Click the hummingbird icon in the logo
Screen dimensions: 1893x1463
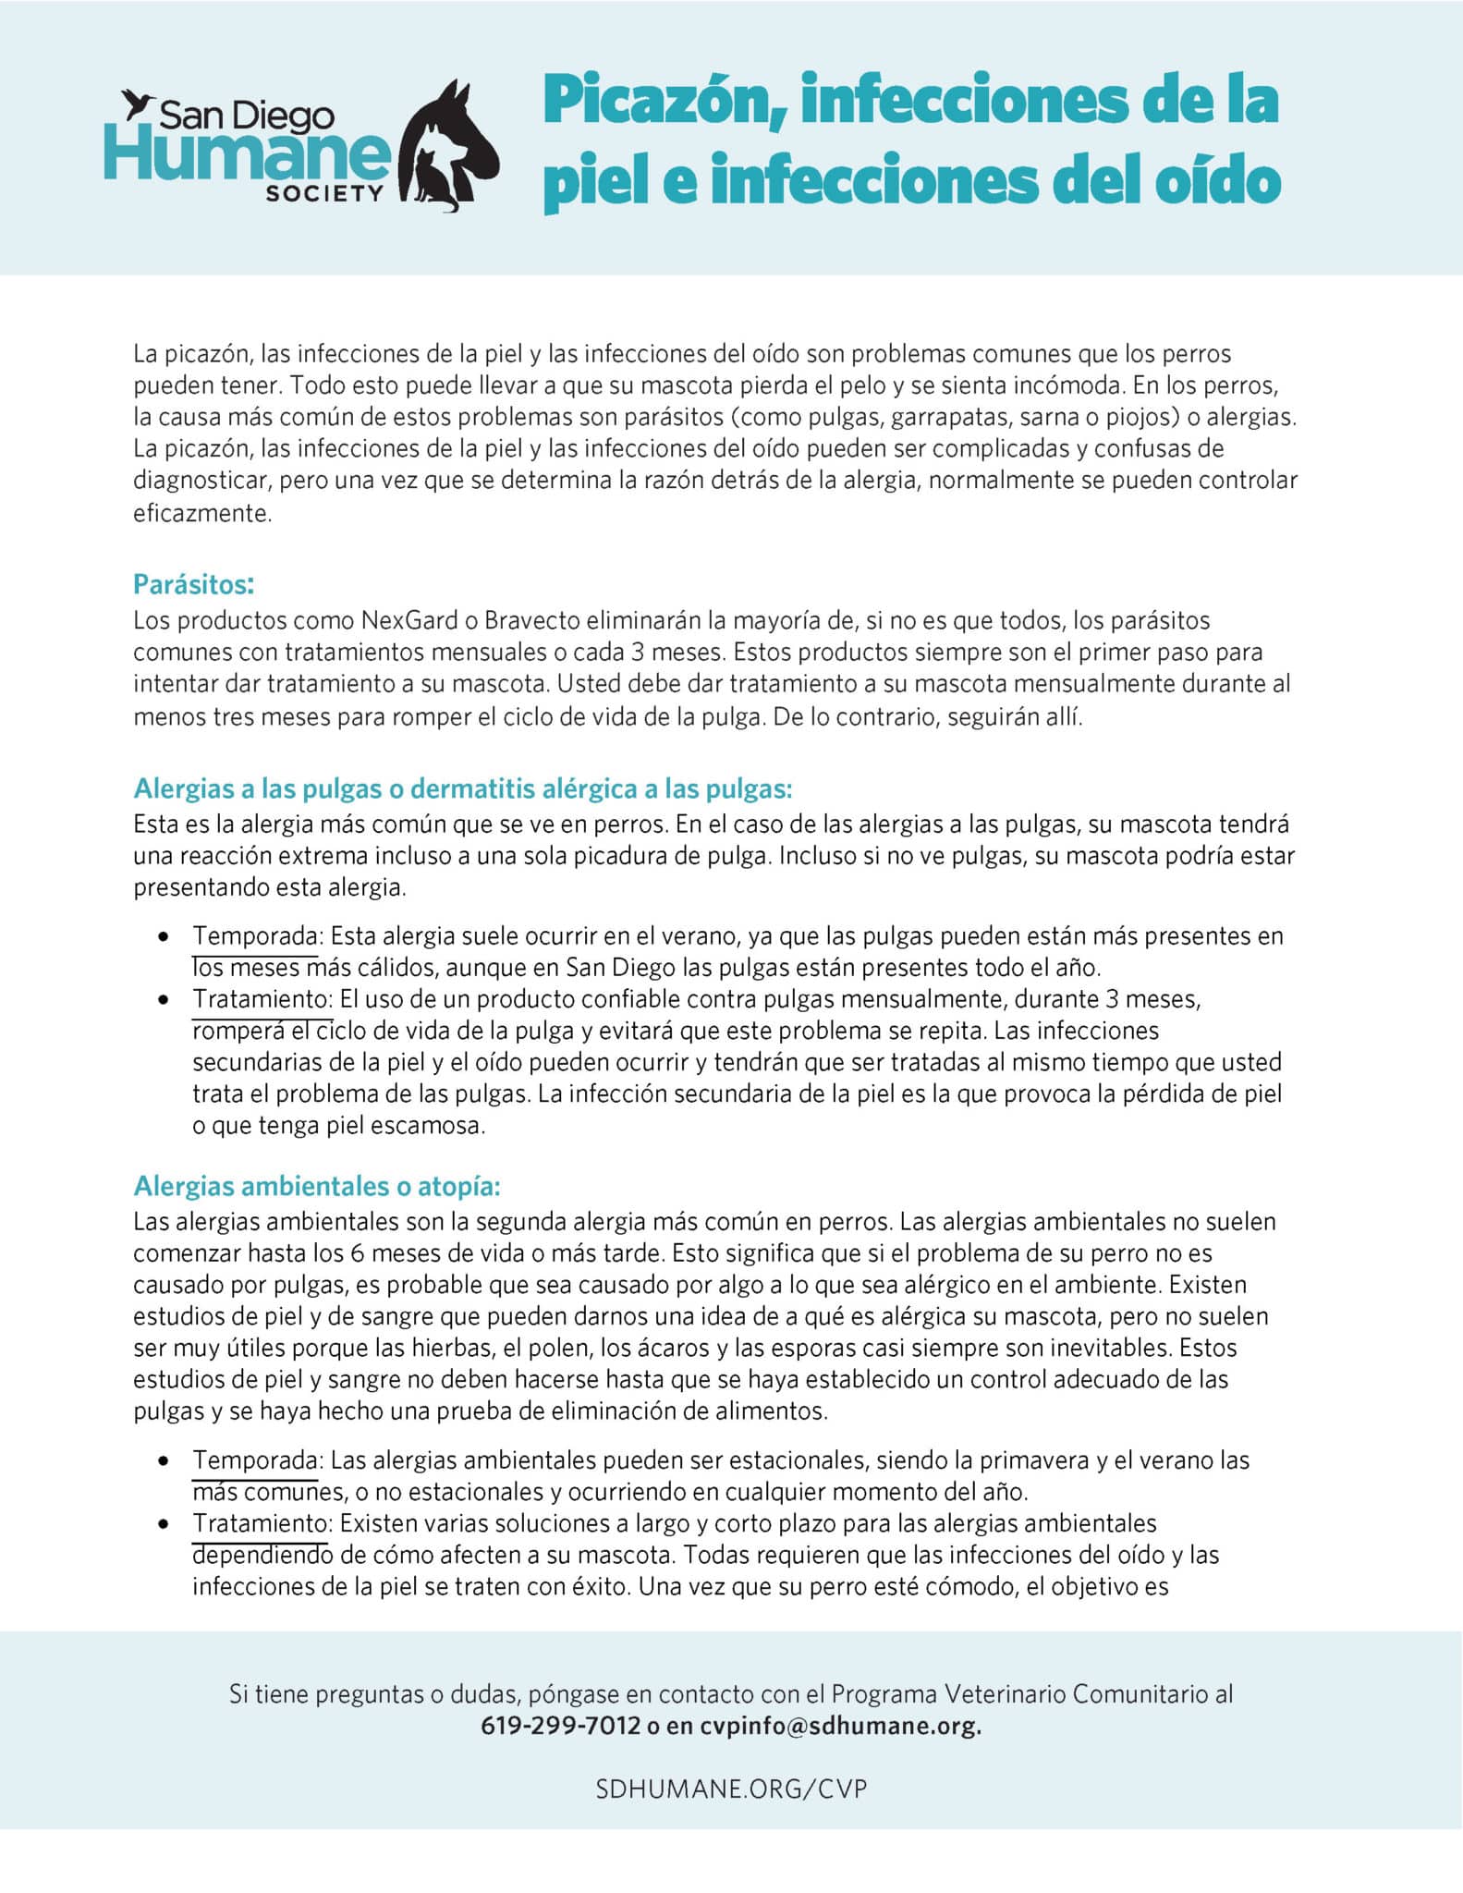pos(140,104)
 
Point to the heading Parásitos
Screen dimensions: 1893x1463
pos(193,584)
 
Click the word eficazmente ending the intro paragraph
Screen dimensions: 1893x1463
pos(202,513)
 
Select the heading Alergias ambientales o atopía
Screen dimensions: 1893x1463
pos(317,1185)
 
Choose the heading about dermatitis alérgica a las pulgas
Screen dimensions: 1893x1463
pos(463,788)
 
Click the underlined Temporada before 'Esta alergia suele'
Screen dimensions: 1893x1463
pos(255,936)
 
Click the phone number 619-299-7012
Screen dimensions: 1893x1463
pos(560,1726)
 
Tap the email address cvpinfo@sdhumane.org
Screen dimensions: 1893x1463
pos(840,1726)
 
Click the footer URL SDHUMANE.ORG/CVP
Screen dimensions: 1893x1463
pos(731,1789)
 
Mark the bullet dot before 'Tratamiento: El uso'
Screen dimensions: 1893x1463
pos(164,1000)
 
